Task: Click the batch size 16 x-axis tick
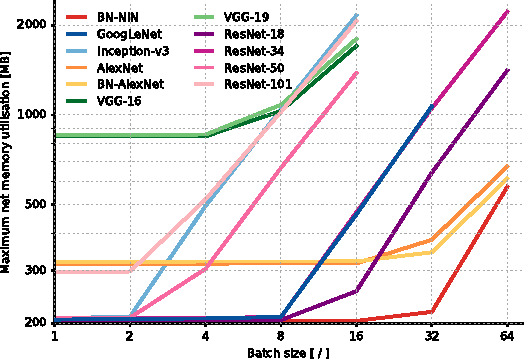[357, 339]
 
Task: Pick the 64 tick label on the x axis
[508, 339]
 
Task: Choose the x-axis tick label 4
[205, 339]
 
